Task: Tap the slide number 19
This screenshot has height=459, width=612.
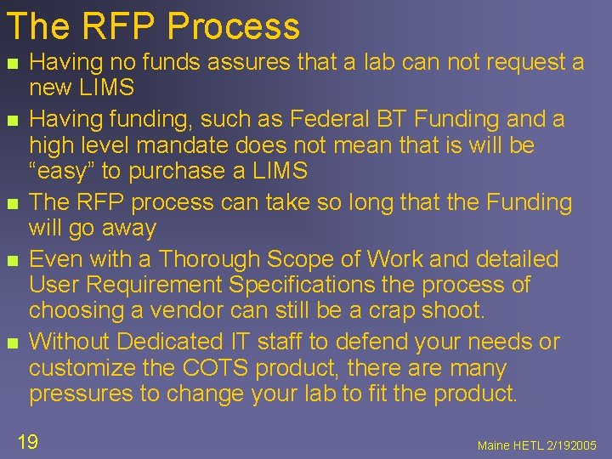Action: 27,441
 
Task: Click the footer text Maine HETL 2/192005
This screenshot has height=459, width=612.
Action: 537,445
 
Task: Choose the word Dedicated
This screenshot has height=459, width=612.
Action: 173,343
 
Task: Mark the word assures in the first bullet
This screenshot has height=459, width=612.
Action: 224,62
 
